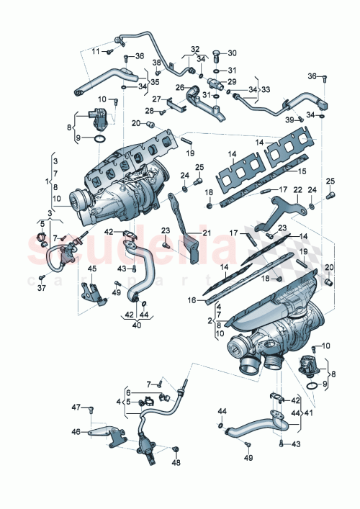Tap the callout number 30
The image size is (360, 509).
coord(232,53)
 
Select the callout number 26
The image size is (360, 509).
coord(181,88)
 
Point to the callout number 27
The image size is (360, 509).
coord(156,99)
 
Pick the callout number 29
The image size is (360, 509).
coord(232,84)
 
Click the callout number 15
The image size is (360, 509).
coord(303,171)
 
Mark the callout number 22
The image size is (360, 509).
coord(297,189)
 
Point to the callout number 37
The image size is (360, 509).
coord(42,289)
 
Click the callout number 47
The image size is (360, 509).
coord(75,408)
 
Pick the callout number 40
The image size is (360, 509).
coord(135,323)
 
